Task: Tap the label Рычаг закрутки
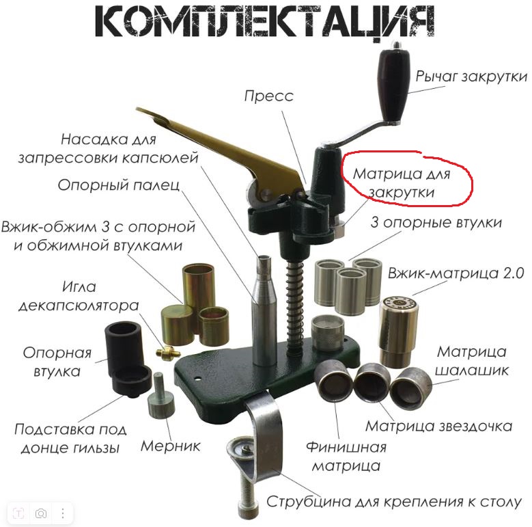coord(472,77)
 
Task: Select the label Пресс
coord(268,96)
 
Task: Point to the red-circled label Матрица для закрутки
coord(402,183)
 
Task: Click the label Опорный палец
coord(119,185)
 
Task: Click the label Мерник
coord(170,446)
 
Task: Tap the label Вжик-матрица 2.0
coord(456,273)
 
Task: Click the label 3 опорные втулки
coord(436,223)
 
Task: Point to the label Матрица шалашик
coord(472,361)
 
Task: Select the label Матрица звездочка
coord(438,427)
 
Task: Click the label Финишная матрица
coord(346,457)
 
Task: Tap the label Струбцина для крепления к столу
coord(394,502)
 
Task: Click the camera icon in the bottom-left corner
coord(41,513)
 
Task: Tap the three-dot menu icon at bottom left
coord(63,513)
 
